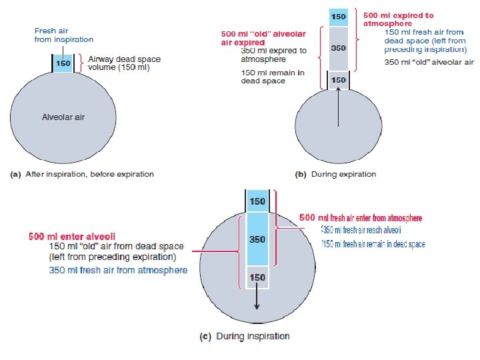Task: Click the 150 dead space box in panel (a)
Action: tap(63, 63)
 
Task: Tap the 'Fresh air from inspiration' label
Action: tap(64, 35)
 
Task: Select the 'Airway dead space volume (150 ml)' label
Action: tap(125, 63)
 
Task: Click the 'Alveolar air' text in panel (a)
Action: tap(63, 117)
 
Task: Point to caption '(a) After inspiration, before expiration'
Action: tap(81, 175)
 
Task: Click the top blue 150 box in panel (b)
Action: tap(339, 16)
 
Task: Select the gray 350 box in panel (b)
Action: tap(339, 48)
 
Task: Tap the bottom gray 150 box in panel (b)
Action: tap(339, 79)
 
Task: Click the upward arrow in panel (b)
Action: tap(339, 109)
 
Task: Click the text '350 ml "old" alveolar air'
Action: tap(429, 62)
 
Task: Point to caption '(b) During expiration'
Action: tap(335, 175)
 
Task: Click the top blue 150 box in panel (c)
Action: tap(258, 201)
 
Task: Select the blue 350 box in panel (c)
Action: tap(258, 239)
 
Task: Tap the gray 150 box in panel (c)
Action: tap(258, 277)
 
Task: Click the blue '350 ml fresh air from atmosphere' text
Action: tap(118, 270)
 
